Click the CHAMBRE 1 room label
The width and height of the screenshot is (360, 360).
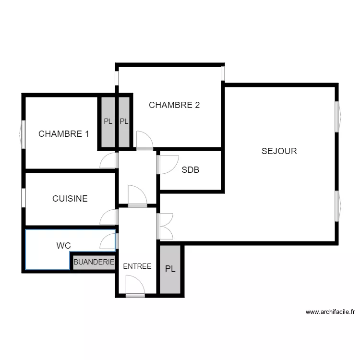63,134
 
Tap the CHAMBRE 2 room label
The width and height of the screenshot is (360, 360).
174,105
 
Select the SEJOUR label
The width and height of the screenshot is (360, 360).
279,151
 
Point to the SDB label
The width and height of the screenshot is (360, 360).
190,170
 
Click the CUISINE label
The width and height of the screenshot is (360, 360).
70,198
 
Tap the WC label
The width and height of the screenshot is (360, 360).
63,246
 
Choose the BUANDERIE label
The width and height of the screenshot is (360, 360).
94,262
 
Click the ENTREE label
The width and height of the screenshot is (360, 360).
137,266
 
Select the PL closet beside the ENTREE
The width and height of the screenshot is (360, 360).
170,269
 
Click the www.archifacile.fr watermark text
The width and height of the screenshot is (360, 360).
330,312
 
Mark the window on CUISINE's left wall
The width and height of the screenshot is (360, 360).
23,198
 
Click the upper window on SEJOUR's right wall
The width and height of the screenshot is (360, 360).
337,116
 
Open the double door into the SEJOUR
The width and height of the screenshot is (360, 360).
165,226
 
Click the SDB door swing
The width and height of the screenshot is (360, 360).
168,164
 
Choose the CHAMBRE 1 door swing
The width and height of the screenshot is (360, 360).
109,161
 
